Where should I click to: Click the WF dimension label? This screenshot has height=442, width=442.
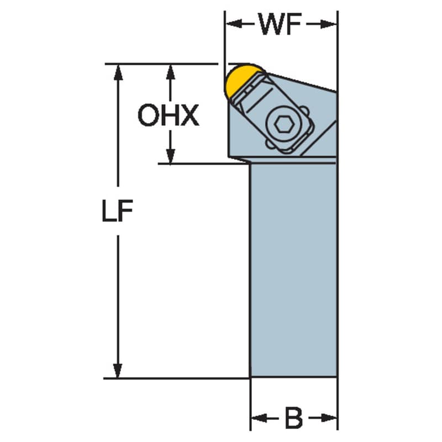pos(280,24)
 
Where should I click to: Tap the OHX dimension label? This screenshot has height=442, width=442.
pos(169,115)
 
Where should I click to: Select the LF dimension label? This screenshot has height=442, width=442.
pos(117,211)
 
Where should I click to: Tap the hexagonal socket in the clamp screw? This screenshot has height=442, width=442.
pos(284,124)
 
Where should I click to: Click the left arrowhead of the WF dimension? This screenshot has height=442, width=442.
pos(234,24)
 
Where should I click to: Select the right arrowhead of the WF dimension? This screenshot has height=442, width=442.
pos(328,24)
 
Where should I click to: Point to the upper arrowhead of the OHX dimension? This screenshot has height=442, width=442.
pos(170,72)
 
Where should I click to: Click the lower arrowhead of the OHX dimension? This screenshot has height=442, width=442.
pos(170,156)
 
